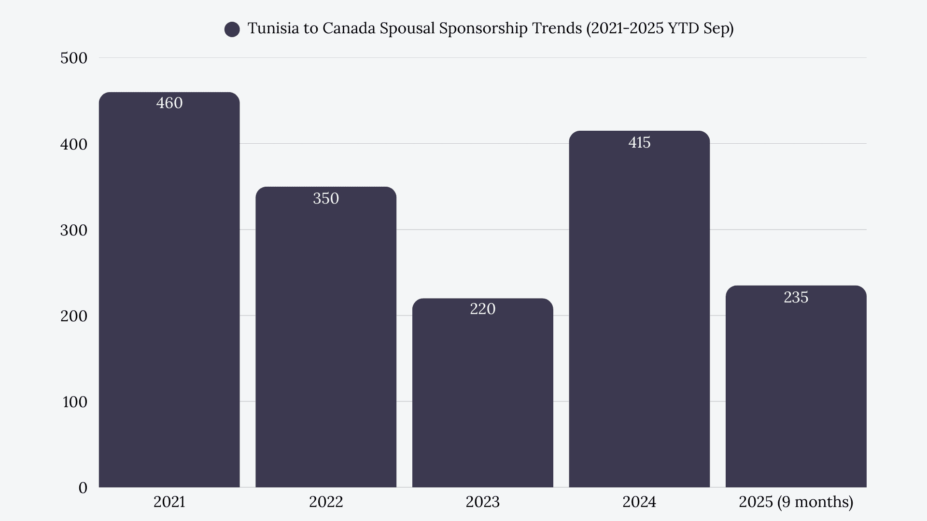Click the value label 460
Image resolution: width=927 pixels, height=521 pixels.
coord(169,103)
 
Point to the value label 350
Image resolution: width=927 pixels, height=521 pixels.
coord(326,199)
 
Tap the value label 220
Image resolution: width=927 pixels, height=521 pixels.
coord(482,309)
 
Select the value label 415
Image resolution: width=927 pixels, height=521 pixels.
coord(639,143)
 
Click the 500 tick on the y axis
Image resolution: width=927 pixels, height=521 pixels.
coord(74,58)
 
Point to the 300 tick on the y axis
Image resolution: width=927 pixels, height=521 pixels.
coord(74,230)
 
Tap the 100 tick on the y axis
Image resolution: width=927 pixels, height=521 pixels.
coord(75,402)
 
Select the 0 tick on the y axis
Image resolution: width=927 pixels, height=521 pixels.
coord(83,488)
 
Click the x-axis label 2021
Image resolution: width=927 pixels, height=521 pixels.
coord(169,502)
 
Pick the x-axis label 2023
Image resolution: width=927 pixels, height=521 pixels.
coord(482,502)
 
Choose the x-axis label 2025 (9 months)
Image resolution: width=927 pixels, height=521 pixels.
coord(796,502)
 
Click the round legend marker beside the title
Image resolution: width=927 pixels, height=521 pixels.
coord(232,29)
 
